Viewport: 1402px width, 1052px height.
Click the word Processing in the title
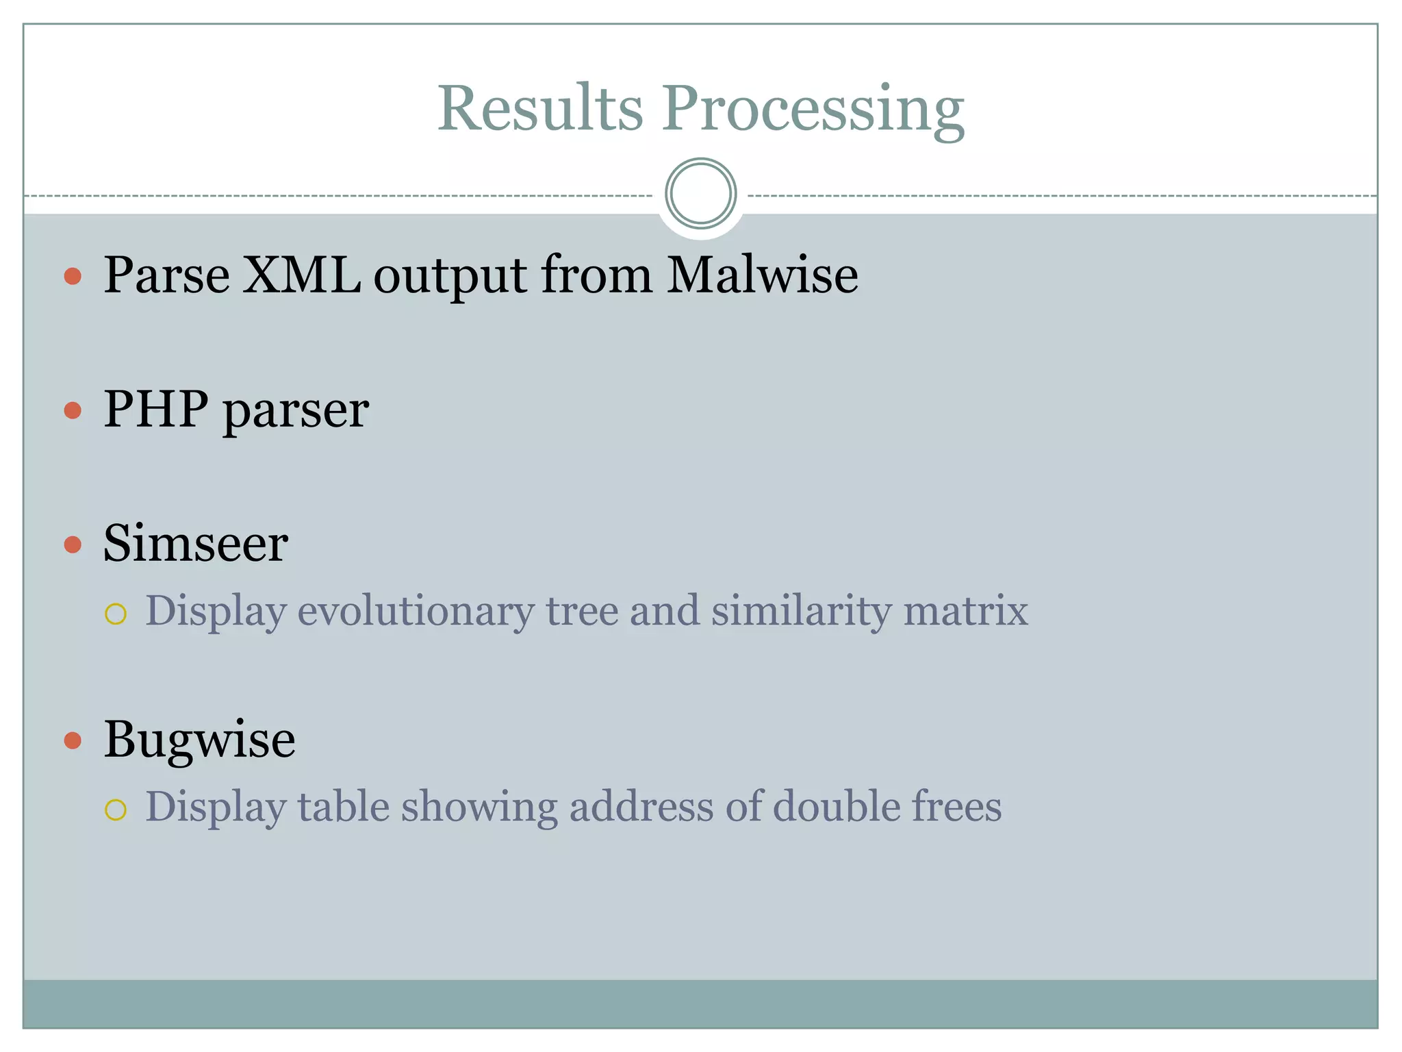pyautogui.click(x=813, y=110)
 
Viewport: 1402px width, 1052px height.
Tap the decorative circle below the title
pyautogui.click(x=700, y=194)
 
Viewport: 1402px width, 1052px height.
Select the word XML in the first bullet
pyautogui.click(x=301, y=275)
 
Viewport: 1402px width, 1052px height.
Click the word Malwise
pyautogui.click(x=762, y=275)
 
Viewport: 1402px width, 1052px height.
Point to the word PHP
pyautogui.click(x=155, y=410)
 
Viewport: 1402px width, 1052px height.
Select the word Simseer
pyautogui.click(x=196, y=544)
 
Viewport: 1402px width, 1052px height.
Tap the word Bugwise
pyautogui.click(x=199, y=740)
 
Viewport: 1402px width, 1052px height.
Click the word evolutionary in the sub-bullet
pyautogui.click(x=416, y=611)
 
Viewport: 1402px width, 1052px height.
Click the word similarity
pyautogui.click(x=801, y=611)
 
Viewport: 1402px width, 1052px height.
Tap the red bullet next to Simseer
pyautogui.click(x=73, y=544)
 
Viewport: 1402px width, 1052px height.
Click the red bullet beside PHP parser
pyautogui.click(x=73, y=410)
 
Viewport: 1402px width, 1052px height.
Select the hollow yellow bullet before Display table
pyautogui.click(x=116, y=810)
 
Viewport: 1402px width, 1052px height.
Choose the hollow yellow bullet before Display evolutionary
pyautogui.click(x=116, y=614)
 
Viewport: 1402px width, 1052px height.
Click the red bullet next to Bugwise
pyautogui.click(x=73, y=740)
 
